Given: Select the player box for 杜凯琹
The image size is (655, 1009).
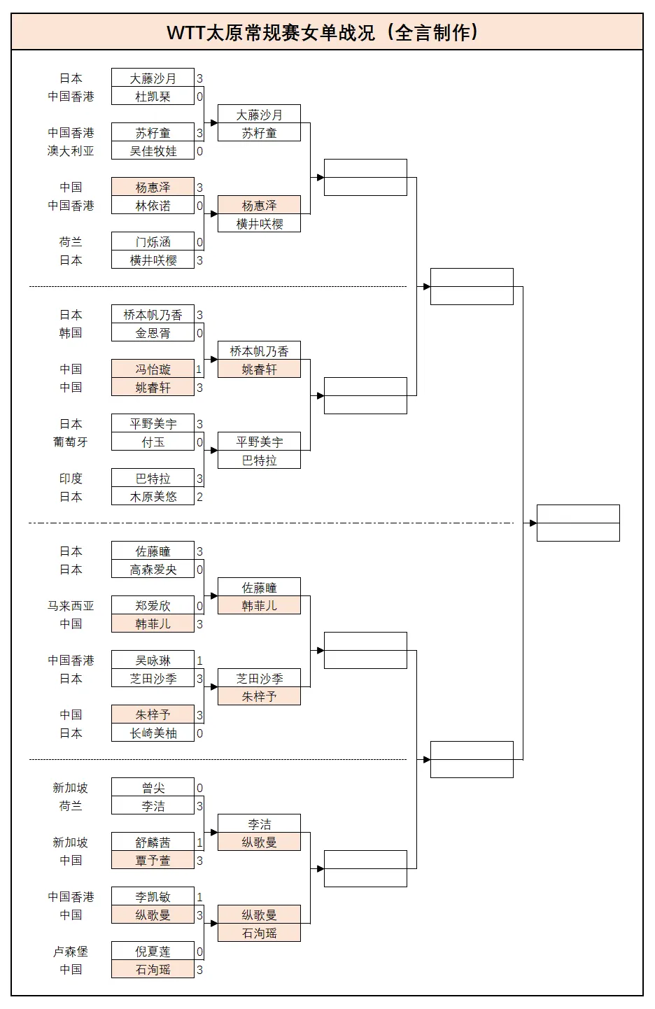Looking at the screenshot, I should tap(153, 97).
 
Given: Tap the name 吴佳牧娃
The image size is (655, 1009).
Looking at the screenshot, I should tap(153, 151).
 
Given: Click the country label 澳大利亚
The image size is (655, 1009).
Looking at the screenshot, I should tap(71, 151).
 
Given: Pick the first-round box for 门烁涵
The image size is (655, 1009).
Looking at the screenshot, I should tap(153, 242).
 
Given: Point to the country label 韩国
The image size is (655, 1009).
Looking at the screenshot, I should tap(71, 333).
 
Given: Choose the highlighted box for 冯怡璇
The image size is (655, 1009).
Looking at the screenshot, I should tap(153, 369).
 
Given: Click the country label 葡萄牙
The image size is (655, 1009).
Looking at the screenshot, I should tap(71, 442).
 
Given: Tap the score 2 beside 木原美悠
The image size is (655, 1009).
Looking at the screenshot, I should tap(199, 497).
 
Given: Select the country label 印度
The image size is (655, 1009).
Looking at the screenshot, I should tap(71, 479).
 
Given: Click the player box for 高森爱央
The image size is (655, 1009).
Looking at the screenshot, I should tap(153, 570).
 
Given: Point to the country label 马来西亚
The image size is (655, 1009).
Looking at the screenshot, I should tap(71, 606).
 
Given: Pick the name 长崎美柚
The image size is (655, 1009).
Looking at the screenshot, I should tap(153, 733).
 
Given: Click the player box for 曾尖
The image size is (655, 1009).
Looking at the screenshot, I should tap(153, 788).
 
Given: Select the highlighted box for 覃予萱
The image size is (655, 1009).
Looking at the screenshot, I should tap(153, 861).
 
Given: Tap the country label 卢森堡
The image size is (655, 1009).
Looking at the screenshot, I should tap(71, 952).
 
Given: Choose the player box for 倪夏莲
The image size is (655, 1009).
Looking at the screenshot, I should tap(153, 952).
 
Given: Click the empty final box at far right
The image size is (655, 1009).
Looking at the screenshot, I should tap(578, 523).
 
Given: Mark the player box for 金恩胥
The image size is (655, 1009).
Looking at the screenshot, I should tap(153, 333).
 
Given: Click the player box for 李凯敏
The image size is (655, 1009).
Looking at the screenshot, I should tap(153, 897).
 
